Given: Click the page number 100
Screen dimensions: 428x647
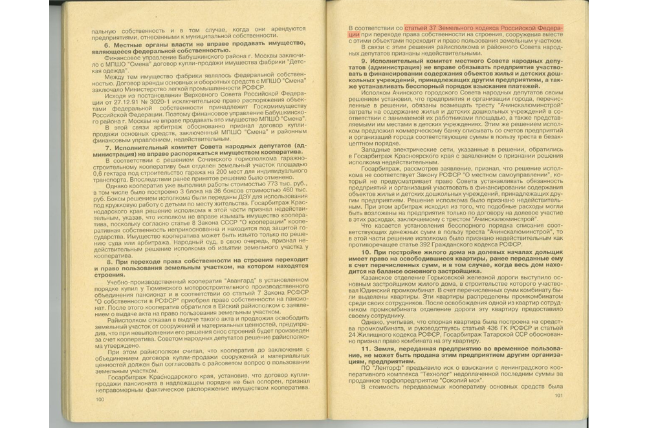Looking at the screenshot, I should point(100,400).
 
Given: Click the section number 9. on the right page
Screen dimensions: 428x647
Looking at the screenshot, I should point(365,60).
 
